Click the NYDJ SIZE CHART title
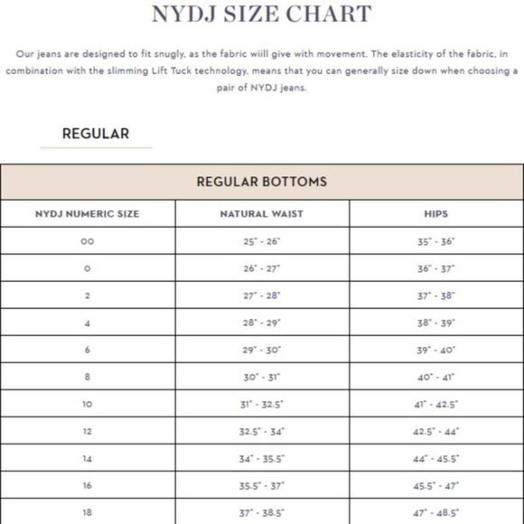(x=261, y=14)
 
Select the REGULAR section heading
(x=95, y=134)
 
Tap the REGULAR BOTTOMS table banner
(x=262, y=182)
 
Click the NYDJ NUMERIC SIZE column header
(x=88, y=214)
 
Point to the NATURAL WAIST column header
(x=262, y=214)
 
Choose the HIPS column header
(x=436, y=214)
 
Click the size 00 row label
(x=88, y=241)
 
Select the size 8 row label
(x=88, y=377)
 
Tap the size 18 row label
(x=88, y=512)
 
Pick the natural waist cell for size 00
(x=262, y=241)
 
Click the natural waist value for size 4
(x=262, y=323)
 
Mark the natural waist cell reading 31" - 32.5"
(x=262, y=404)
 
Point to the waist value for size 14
(x=262, y=458)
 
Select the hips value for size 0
(x=436, y=268)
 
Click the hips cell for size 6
(x=436, y=350)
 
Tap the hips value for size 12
(x=436, y=431)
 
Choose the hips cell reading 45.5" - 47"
(x=436, y=485)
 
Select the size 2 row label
(x=88, y=295)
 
